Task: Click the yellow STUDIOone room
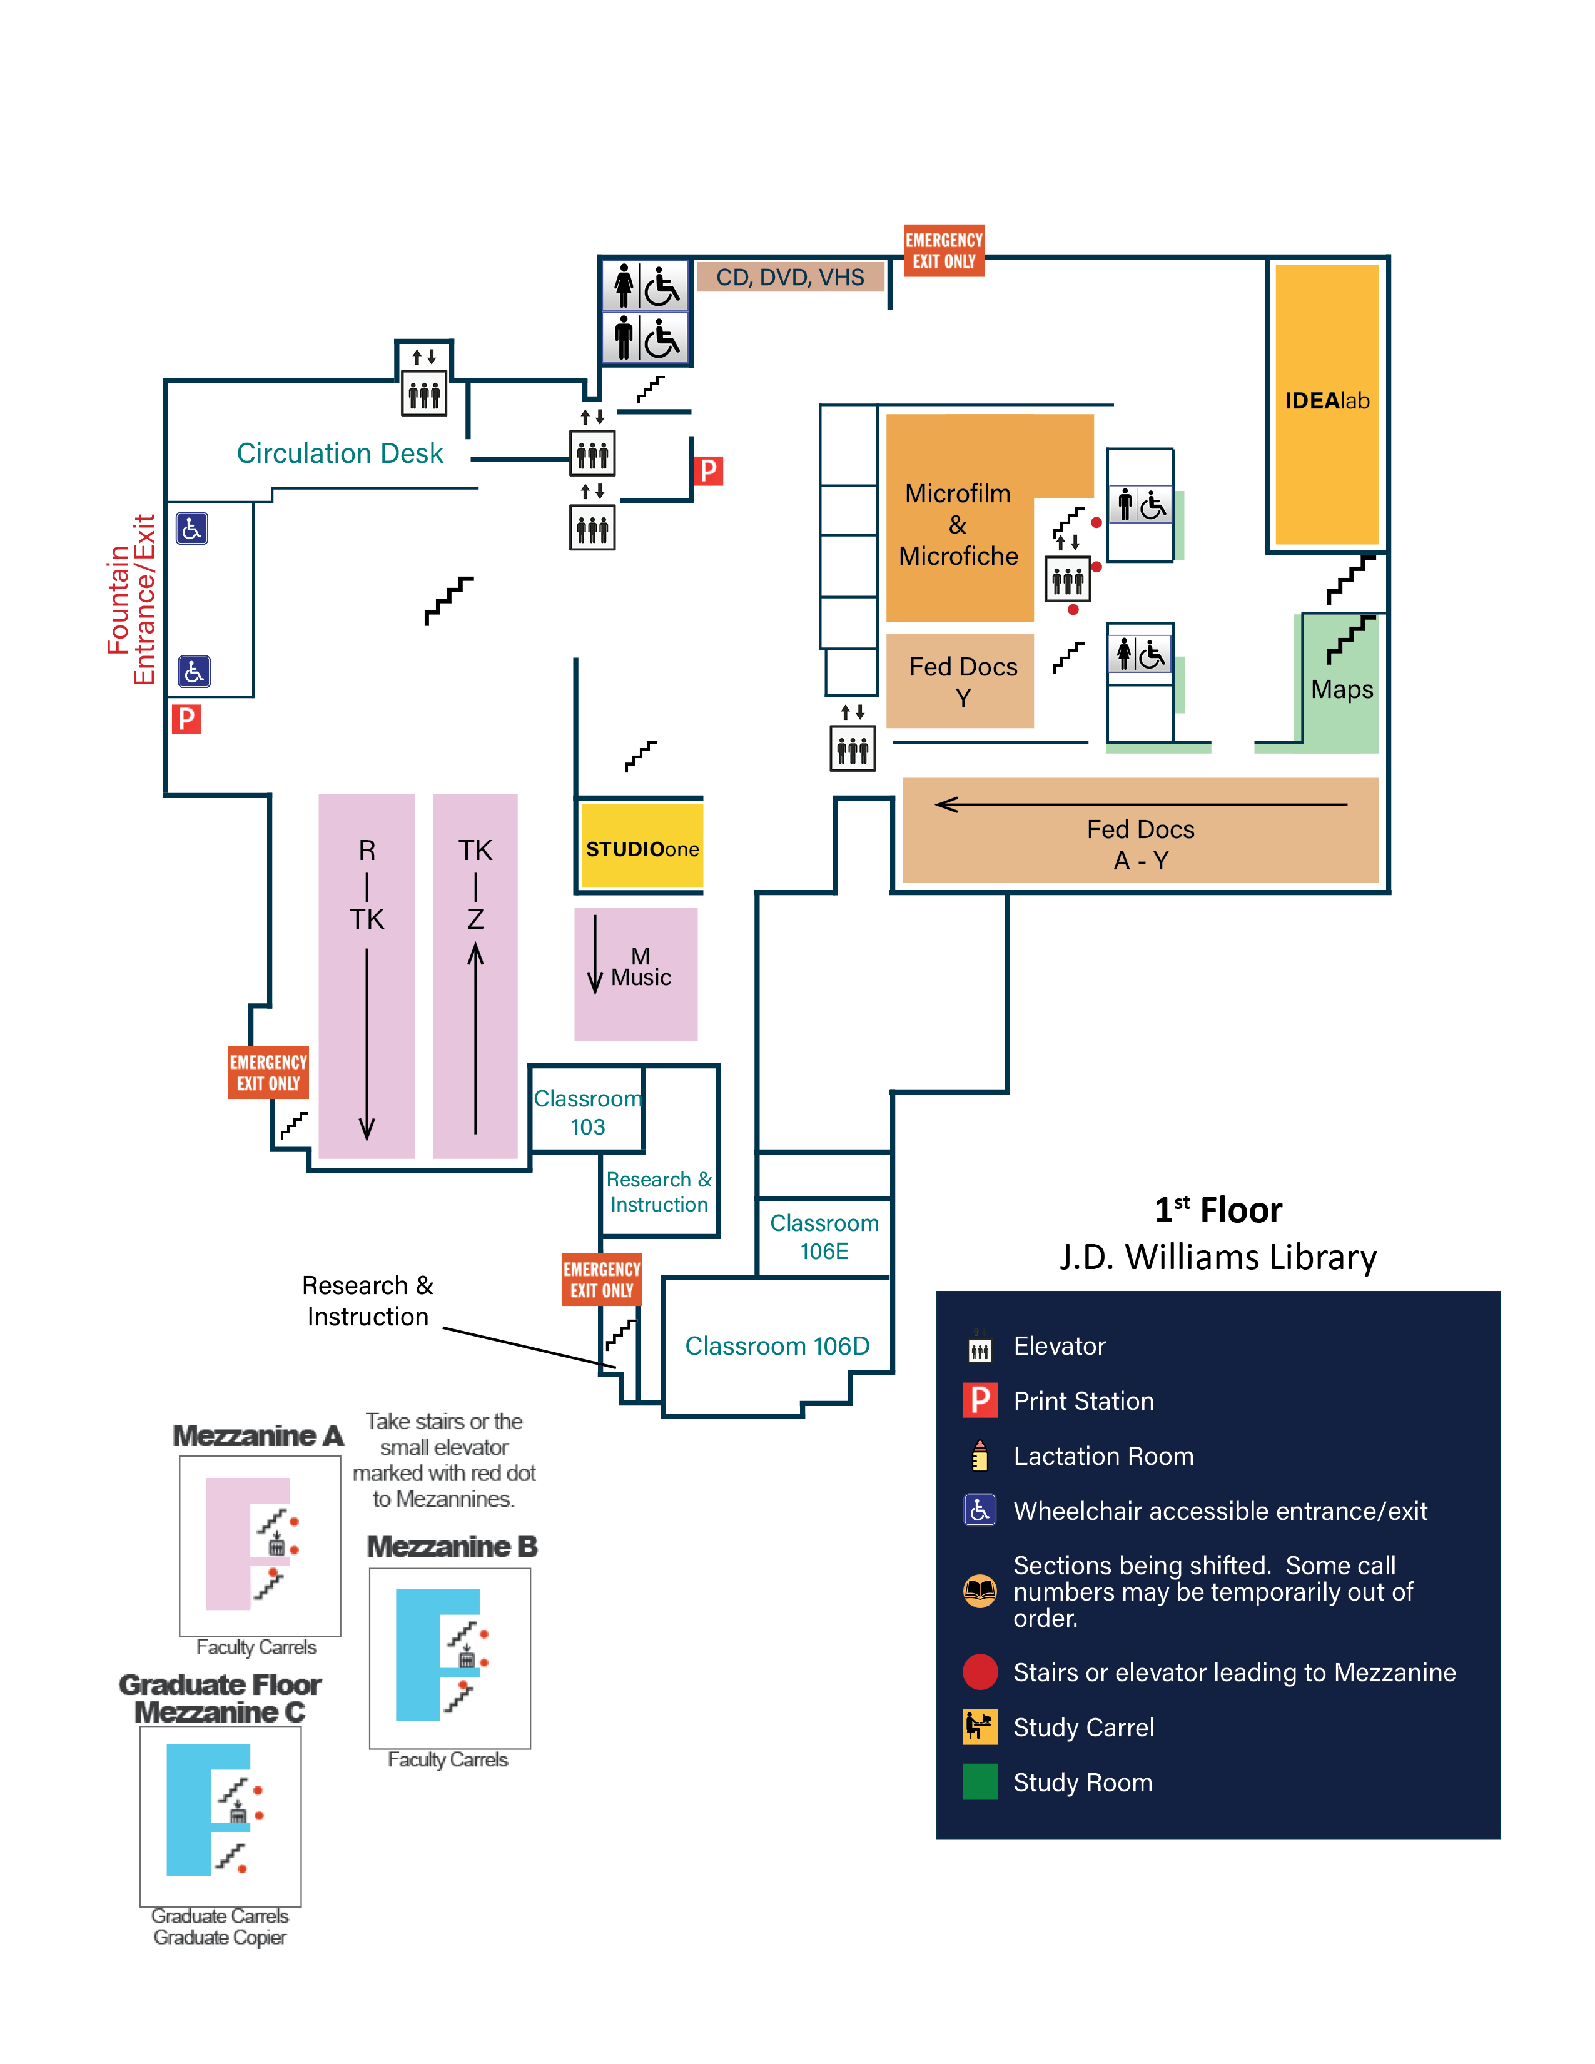(642, 847)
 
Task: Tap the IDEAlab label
(1327, 401)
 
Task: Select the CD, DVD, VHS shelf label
(790, 277)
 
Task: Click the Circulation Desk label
(339, 453)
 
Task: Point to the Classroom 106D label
(777, 1346)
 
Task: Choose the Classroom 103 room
(587, 1111)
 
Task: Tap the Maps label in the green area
(1342, 689)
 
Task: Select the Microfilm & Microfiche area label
(958, 525)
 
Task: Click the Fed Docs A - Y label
(1140, 844)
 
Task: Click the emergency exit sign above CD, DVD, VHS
(944, 250)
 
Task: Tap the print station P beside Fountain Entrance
(186, 719)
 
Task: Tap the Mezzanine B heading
(452, 1546)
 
